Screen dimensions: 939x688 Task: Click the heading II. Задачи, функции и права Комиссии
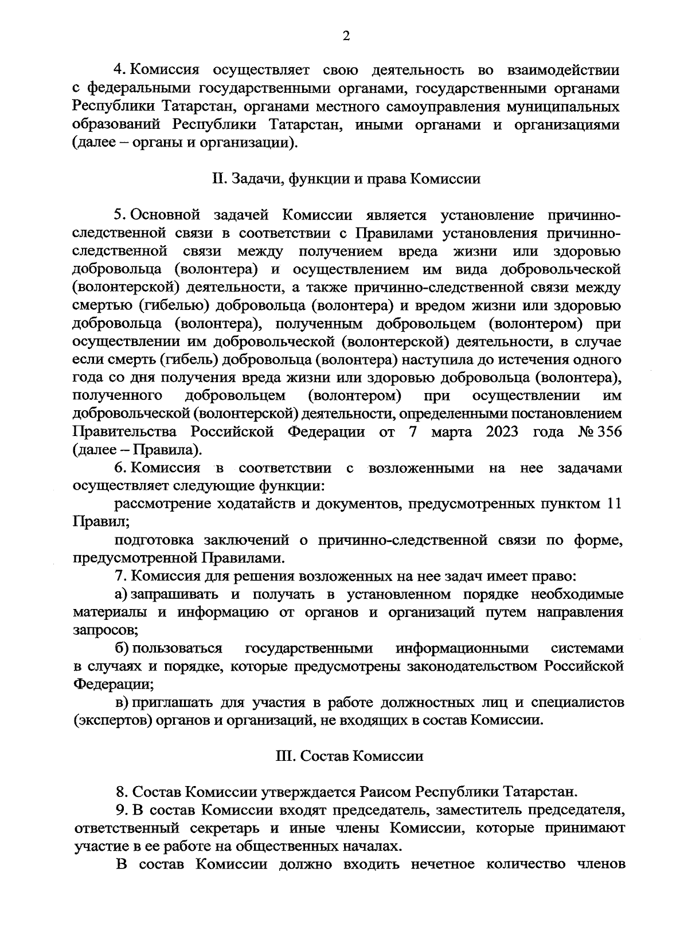[x=346, y=179]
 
